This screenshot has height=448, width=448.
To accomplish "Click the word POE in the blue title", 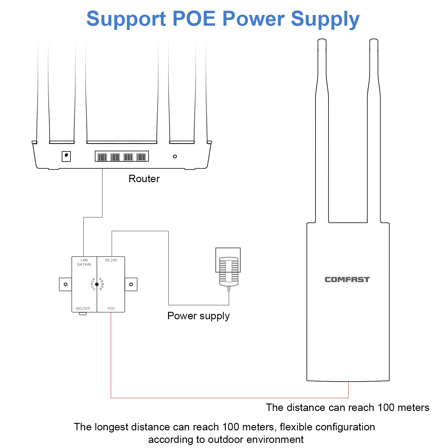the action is click(194, 19).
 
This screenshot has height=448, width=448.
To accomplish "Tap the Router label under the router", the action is click(144, 179).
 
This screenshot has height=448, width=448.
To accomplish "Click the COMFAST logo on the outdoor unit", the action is click(347, 280).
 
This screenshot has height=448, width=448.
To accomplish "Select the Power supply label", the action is click(198, 316).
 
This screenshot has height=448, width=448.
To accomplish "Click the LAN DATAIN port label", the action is click(84, 262).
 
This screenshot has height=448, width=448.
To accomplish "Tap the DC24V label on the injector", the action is click(111, 260).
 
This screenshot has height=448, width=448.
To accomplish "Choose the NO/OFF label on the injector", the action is click(83, 308).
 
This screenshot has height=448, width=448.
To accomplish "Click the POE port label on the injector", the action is click(111, 308).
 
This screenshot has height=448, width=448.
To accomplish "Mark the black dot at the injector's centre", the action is click(97, 284).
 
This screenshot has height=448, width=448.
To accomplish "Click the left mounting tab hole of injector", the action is click(65, 284).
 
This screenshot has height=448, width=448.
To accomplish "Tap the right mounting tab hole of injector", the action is click(131, 284).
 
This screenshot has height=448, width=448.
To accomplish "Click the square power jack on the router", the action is click(66, 156).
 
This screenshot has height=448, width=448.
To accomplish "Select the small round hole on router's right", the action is click(175, 157).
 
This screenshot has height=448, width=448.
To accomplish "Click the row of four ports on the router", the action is click(122, 157).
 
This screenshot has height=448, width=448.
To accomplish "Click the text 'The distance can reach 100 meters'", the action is click(347, 407).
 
